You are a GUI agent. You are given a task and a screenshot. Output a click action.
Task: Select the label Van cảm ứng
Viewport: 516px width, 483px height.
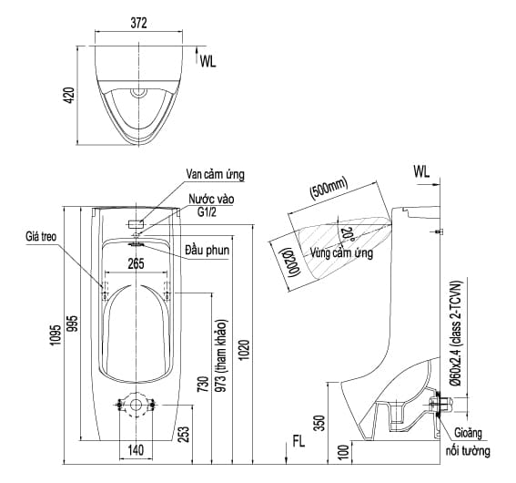click(x=215, y=174)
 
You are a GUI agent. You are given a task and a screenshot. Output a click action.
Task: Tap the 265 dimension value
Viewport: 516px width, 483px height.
click(x=136, y=264)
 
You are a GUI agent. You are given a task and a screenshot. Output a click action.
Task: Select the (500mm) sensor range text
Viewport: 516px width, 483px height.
click(x=329, y=190)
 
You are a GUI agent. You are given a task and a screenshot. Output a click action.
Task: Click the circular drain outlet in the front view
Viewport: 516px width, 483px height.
click(x=136, y=404)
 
